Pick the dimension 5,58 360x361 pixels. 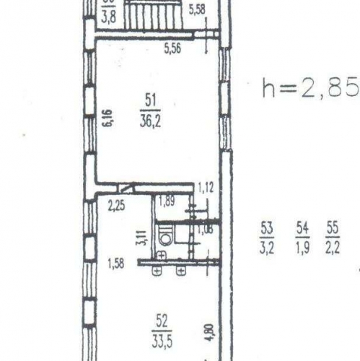197,9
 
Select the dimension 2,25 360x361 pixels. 115,204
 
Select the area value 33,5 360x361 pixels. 163,335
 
